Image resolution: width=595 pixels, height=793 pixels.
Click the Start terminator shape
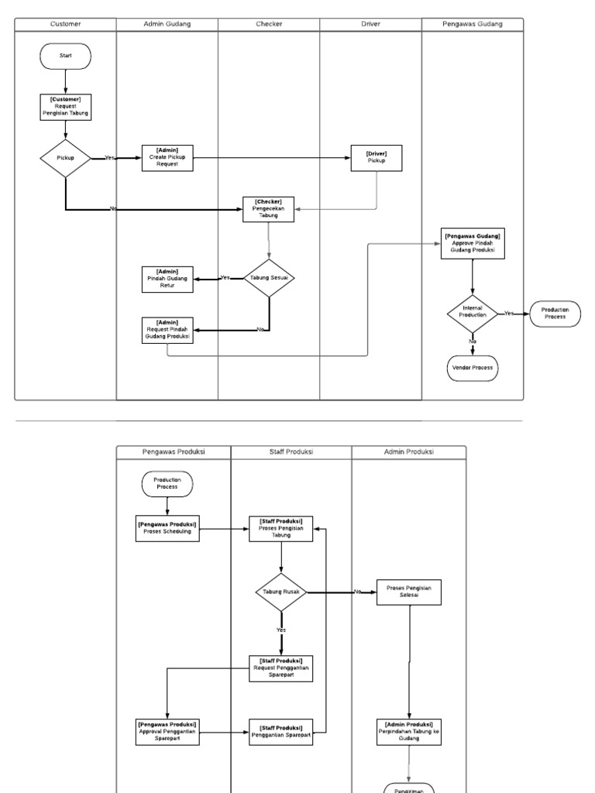(66, 56)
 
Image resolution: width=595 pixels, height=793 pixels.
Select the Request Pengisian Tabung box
(66, 108)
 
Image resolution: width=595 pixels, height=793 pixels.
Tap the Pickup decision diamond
(66, 158)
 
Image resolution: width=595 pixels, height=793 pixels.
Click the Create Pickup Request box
(168, 157)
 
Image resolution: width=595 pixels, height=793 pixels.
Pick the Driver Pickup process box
(377, 157)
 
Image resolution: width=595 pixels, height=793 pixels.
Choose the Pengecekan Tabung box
(269, 209)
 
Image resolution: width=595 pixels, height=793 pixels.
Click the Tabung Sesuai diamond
(269, 278)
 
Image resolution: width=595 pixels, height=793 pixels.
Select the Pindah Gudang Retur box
(168, 279)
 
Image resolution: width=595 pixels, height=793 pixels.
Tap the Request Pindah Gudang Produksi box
(168, 330)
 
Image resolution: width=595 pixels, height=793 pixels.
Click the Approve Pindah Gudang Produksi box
(472, 243)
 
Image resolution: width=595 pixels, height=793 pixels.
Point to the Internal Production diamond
(472, 314)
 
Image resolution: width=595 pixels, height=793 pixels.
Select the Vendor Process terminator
(472, 368)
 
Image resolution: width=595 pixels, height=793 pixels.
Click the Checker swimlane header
(269, 24)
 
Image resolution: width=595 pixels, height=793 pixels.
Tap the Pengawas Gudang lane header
(472, 24)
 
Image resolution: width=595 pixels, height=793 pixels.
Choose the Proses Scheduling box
(167, 529)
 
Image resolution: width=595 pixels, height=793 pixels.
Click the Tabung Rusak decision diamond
(281, 592)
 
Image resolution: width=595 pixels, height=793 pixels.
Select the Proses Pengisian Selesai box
(409, 592)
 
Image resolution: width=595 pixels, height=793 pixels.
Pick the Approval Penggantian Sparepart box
(167, 732)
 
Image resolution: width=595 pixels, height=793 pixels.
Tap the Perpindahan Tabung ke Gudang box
(409, 732)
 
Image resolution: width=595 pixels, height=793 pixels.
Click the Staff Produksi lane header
(291, 451)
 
